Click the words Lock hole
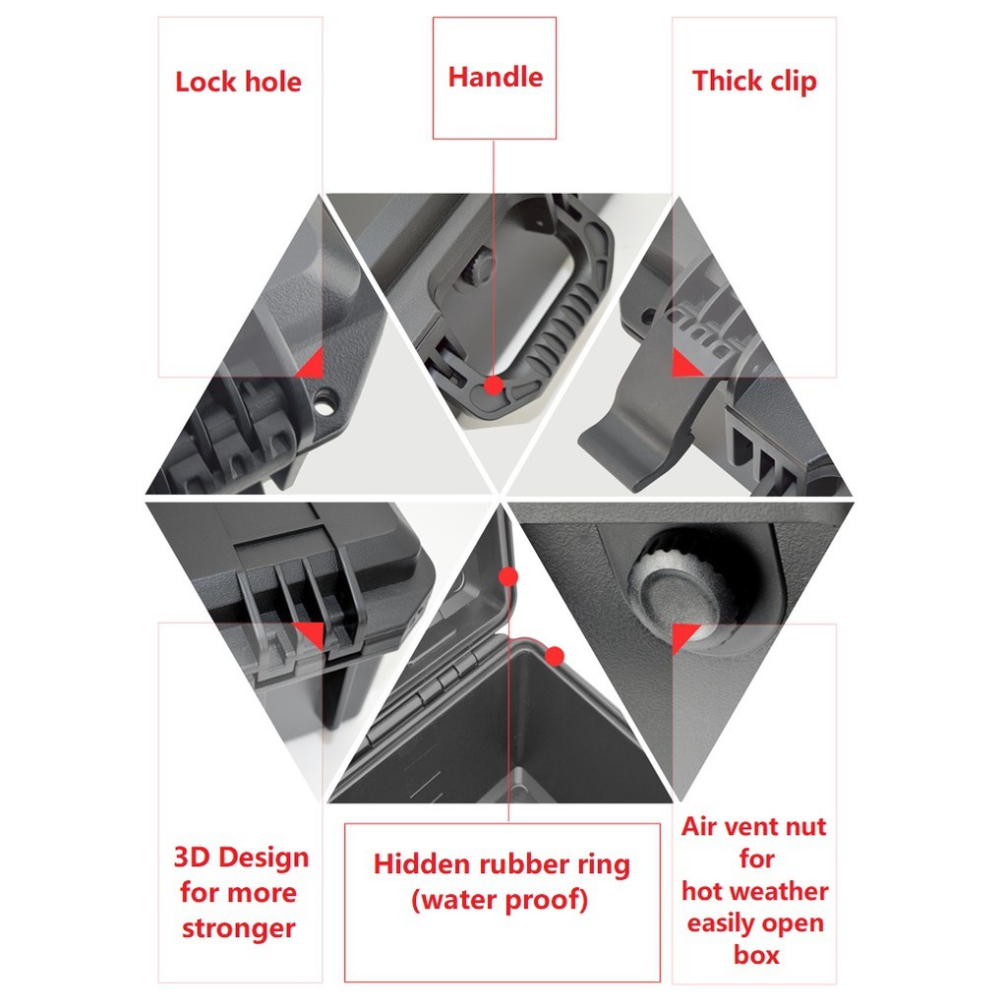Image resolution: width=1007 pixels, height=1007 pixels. click(238, 83)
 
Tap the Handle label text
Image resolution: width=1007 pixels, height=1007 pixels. click(496, 77)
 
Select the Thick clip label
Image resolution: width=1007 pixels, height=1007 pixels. click(754, 82)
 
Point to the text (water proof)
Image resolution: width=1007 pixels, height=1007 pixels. click(500, 900)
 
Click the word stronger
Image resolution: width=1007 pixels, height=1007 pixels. click(238, 928)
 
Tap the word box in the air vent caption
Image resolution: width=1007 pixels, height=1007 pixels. click(756, 955)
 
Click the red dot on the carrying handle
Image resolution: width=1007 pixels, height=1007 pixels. click(494, 385)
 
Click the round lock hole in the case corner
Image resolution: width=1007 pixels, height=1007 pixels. click(325, 402)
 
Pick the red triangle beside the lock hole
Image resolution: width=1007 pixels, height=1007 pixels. click(313, 366)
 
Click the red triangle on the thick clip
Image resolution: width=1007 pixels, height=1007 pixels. click(684, 364)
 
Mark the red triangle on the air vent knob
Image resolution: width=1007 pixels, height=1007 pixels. click(682, 636)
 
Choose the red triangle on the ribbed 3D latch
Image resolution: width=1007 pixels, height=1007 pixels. click(312, 634)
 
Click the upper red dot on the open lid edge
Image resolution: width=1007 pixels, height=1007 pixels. click(508, 576)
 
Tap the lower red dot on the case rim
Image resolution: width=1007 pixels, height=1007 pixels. click(555, 656)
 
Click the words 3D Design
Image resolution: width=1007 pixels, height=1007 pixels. click(242, 858)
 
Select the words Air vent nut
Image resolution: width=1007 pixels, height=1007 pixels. click(754, 826)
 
